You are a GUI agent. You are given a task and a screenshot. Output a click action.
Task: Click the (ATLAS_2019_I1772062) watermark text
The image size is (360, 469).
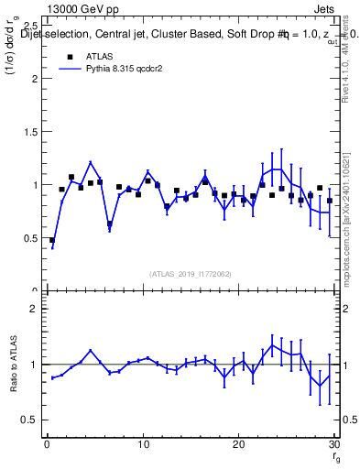pyautogui.click(x=190, y=274)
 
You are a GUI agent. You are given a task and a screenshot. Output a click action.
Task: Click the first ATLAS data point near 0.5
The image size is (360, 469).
pyautogui.click(x=52, y=240)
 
